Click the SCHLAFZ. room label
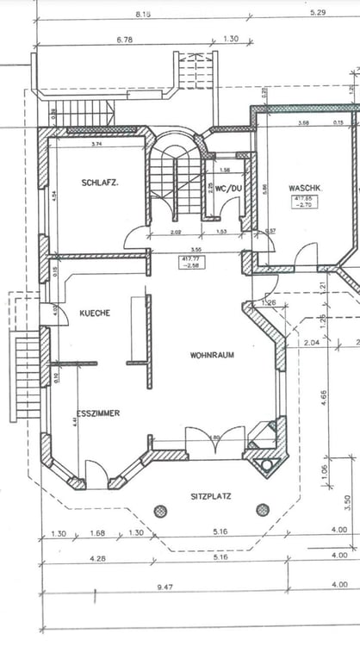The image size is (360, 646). (100, 183)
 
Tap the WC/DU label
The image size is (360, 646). (221, 188)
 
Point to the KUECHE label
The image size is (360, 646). (95, 313)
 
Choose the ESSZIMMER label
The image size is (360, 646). (97, 413)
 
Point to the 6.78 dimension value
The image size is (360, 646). (126, 39)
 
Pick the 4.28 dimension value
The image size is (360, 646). (96, 558)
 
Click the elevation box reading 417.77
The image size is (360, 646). (189, 262)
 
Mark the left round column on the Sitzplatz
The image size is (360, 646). (160, 510)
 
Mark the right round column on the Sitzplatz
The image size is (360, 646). (262, 510)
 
